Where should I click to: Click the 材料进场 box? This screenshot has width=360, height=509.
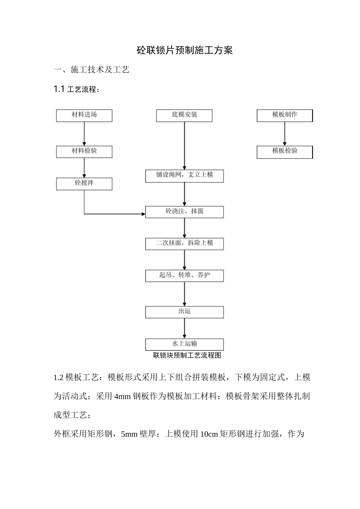(84, 116)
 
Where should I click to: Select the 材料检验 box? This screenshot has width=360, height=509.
(84, 151)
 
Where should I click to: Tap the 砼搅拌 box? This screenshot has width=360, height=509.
(84, 184)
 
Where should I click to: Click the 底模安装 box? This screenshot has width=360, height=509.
(184, 116)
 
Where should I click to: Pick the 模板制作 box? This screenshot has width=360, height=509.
(285, 116)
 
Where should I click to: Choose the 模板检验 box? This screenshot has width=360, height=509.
(285, 152)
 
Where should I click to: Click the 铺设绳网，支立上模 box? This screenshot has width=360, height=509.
(184, 176)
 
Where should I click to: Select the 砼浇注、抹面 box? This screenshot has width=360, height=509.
(184, 212)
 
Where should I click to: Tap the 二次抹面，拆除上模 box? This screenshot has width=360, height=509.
(184, 244)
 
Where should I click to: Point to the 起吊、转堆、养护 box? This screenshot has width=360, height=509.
(184, 276)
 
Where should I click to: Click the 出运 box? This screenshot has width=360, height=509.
(184, 312)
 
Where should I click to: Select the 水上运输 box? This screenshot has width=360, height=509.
(184, 344)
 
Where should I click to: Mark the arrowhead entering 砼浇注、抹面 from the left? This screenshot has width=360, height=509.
(143, 214)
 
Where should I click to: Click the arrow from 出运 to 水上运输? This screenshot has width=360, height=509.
(185, 328)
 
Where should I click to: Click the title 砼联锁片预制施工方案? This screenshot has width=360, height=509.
(185, 50)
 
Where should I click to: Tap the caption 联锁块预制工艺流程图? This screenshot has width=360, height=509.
(187, 356)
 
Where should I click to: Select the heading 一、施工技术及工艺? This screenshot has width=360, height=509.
(92, 70)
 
